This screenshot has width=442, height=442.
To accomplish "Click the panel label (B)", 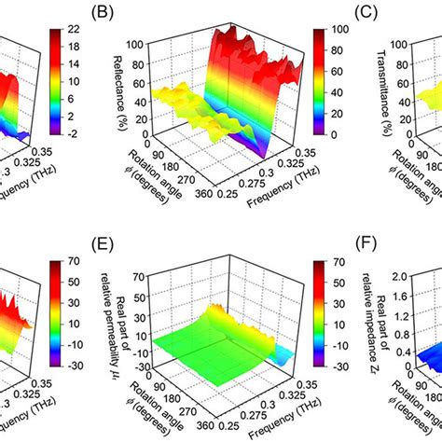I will point(128,13).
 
